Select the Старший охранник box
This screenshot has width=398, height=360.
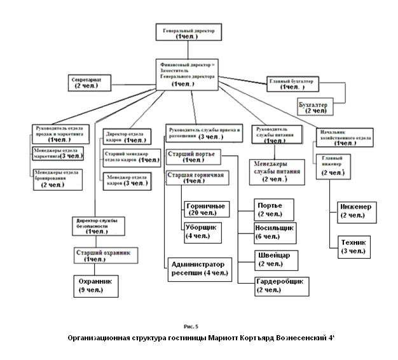[102, 256]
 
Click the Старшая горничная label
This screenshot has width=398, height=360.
[195, 174]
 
